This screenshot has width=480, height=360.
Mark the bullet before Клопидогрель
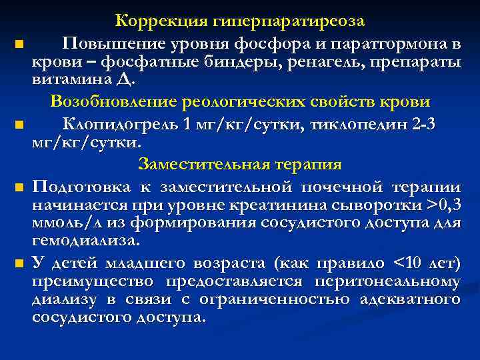(x=18, y=125)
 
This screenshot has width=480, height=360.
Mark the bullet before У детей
(x=18, y=265)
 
